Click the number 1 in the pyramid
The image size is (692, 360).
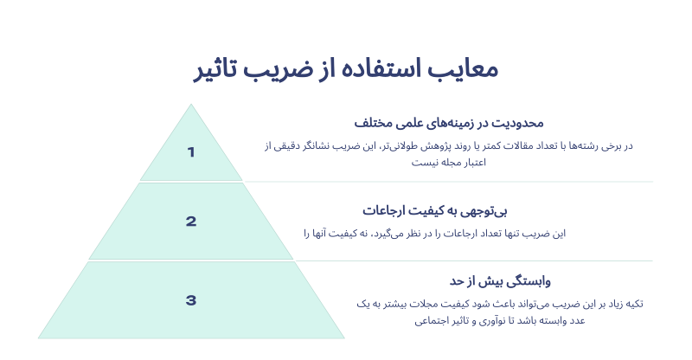190,152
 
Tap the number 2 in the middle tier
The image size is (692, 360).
190,222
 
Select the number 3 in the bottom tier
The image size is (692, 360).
190,300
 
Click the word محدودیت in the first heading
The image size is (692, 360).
517,123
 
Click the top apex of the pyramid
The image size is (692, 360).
191,104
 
